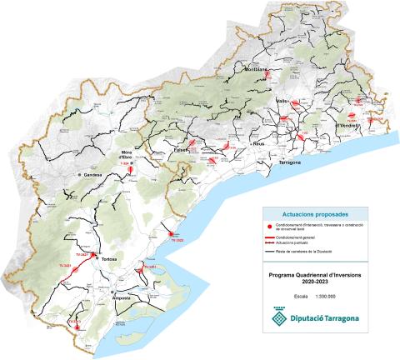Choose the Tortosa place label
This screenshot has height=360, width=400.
click(110, 260)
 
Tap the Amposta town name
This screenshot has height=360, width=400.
click(124, 298)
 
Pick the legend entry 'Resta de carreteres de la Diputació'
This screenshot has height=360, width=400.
click(317, 250)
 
